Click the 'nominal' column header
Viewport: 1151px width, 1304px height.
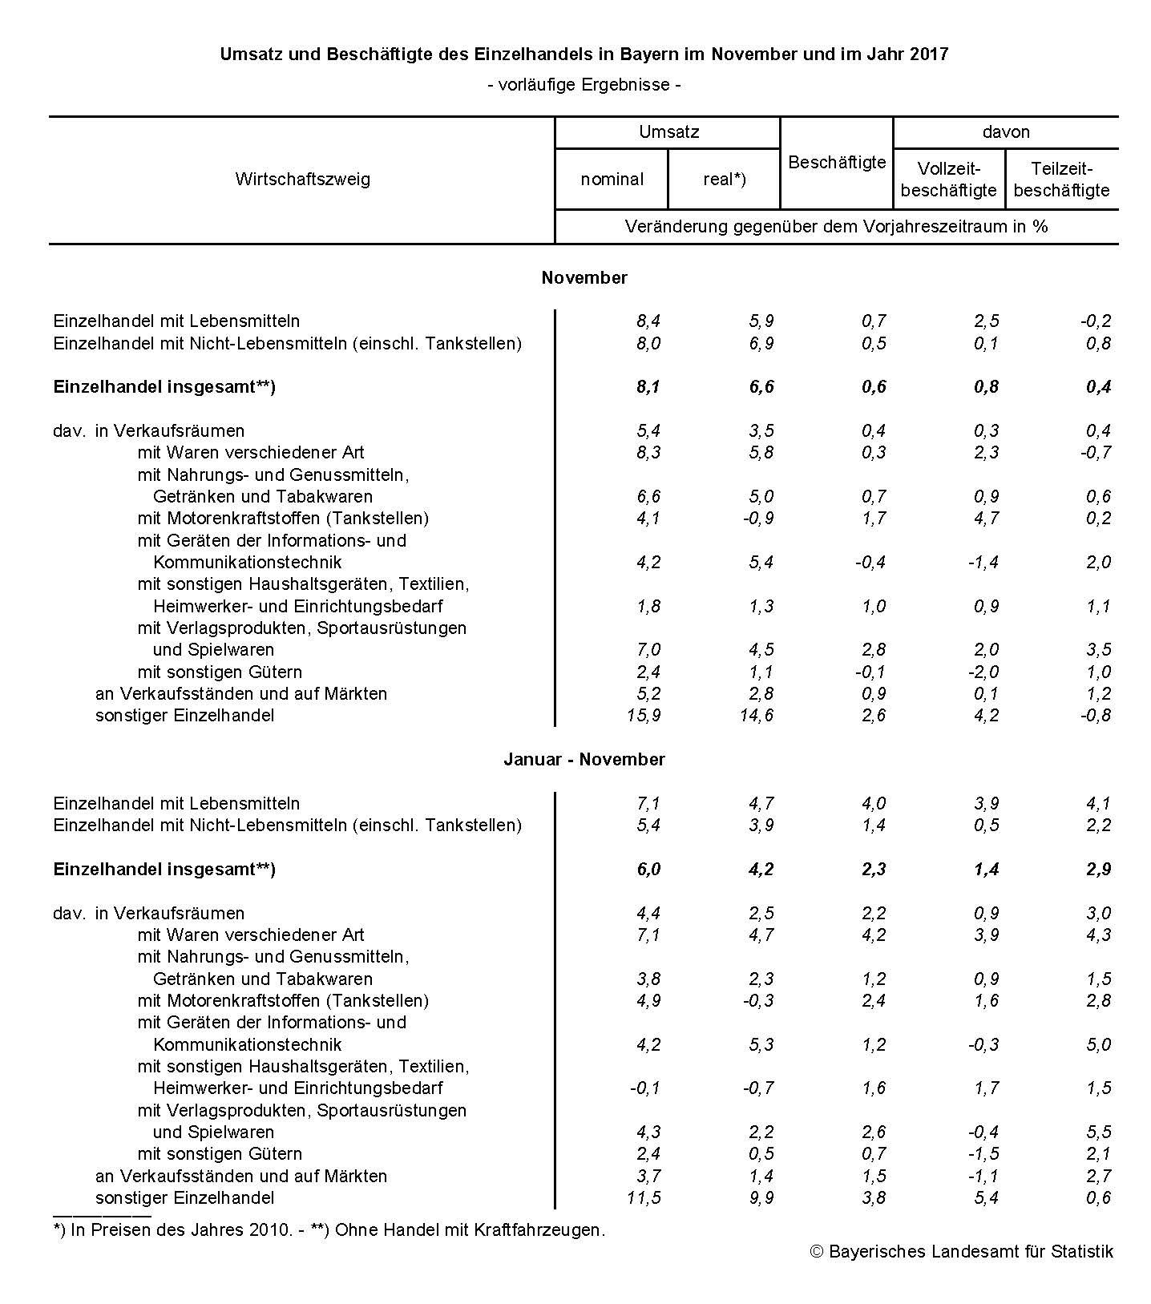pos(612,179)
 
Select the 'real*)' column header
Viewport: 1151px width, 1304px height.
pos(724,179)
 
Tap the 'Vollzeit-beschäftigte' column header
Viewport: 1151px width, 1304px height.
pos(948,179)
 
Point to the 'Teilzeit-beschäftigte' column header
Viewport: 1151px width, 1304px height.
pos(1061,179)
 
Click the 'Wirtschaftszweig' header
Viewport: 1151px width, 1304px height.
pos(302,179)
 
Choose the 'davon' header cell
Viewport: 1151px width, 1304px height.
pos(1005,132)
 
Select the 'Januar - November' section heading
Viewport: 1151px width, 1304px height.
pos(584,759)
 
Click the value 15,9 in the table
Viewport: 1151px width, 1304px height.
pos(644,715)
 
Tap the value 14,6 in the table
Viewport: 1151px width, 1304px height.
pos(757,715)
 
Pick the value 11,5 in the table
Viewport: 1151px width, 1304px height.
pos(644,1197)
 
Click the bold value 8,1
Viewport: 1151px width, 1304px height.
pos(648,387)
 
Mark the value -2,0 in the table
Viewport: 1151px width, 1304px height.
pos(983,672)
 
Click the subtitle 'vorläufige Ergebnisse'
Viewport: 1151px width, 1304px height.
pos(584,84)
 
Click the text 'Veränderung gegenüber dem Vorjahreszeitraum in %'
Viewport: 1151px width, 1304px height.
pos(836,226)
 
